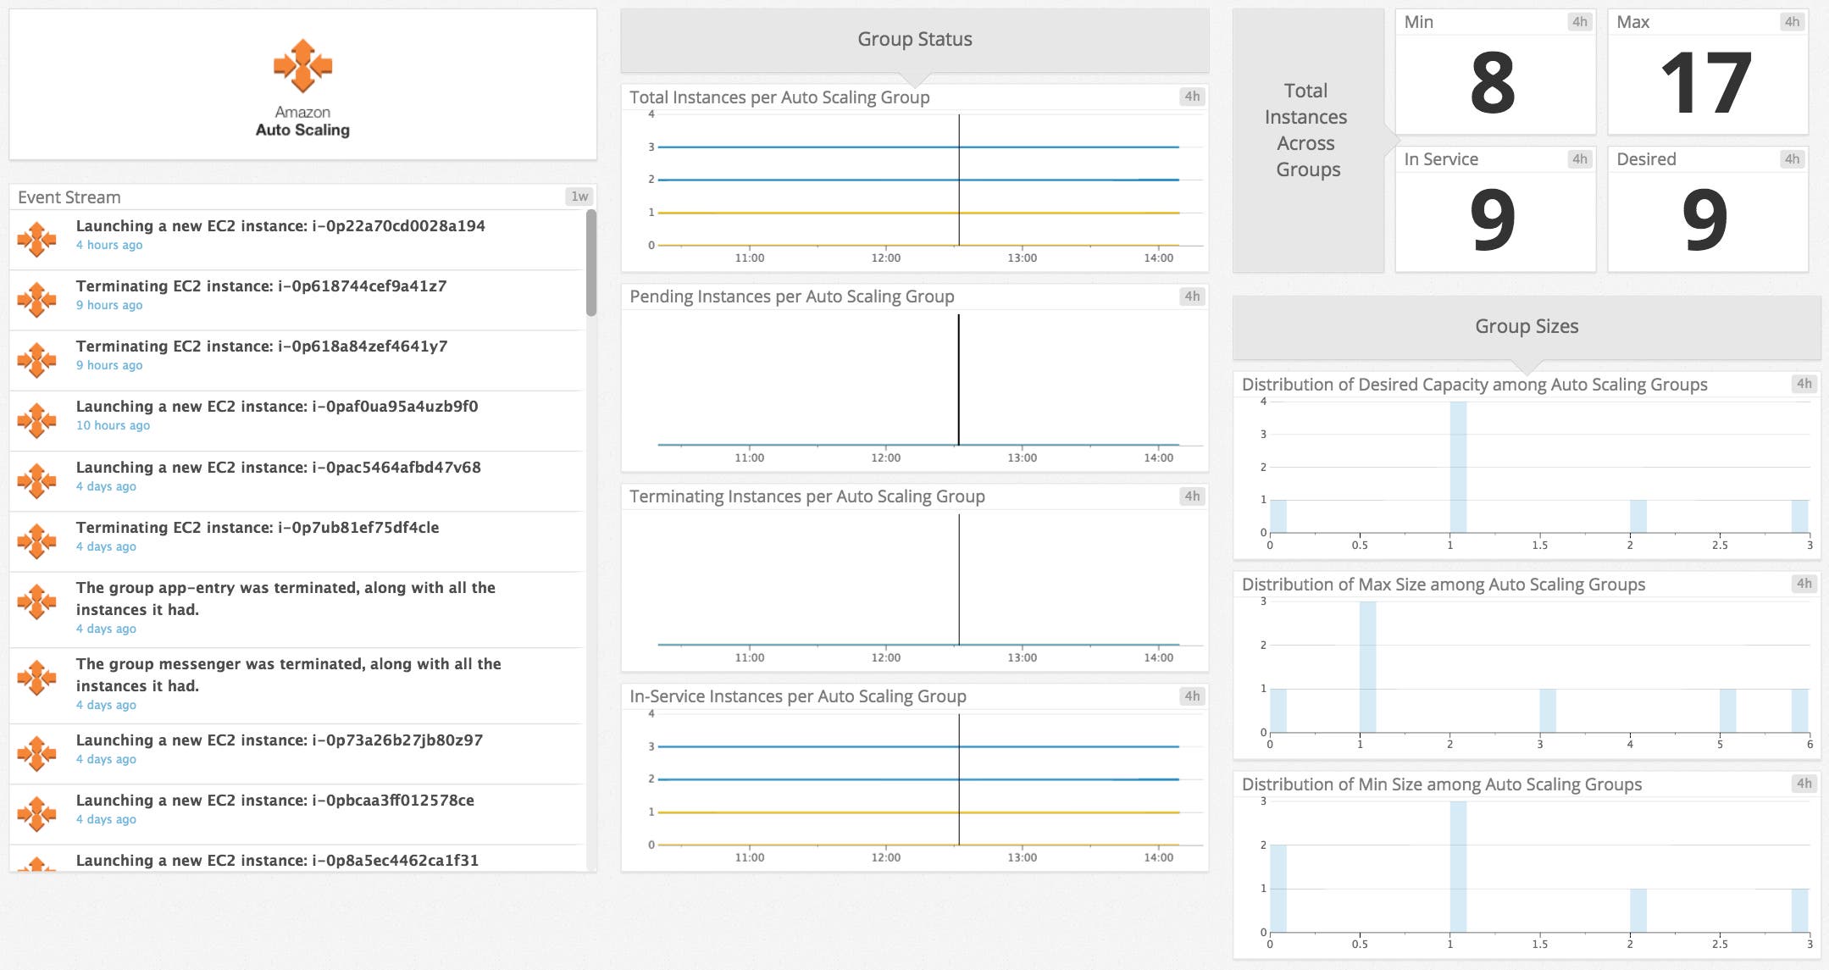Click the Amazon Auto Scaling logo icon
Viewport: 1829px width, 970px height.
[x=302, y=65]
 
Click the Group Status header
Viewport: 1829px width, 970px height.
[x=914, y=39]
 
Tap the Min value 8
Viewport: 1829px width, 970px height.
[x=1493, y=83]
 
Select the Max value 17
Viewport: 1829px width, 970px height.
[x=1705, y=83]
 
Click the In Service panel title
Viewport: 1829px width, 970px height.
[x=1440, y=159]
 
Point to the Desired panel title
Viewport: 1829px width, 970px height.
[x=1645, y=159]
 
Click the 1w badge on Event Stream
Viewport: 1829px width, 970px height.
[x=579, y=197]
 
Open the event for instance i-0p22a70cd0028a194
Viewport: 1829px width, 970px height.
[x=280, y=226]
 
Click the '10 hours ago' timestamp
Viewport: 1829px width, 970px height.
[x=113, y=425]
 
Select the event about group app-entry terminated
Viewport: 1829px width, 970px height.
[x=285, y=598]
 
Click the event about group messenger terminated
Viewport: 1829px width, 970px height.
[x=288, y=674]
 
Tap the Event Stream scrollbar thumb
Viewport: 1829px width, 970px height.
[x=590, y=263]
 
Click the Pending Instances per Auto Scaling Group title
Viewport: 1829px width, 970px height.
[x=791, y=297]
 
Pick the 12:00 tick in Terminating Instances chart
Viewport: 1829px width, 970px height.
[x=885, y=657]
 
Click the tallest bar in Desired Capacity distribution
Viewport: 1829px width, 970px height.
[x=1457, y=467]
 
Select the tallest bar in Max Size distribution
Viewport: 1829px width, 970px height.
[x=1367, y=667]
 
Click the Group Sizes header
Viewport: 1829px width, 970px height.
[x=1526, y=326]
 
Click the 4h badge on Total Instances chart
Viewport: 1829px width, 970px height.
[x=1192, y=97]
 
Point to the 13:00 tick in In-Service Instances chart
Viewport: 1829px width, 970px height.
[x=1022, y=857]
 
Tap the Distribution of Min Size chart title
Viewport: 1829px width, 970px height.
[x=1441, y=784]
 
